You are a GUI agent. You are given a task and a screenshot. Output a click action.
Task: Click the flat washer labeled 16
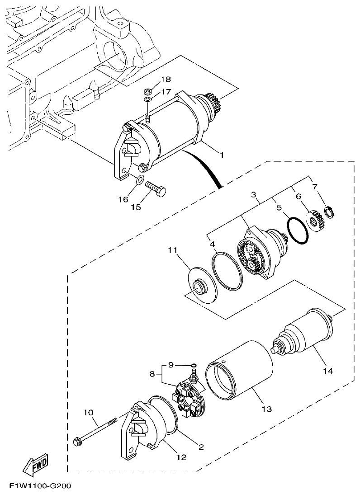[x=139, y=182]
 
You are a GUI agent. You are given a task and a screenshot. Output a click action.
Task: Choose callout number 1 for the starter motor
[x=222, y=155]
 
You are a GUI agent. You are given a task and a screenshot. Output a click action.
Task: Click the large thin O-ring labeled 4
[x=227, y=271]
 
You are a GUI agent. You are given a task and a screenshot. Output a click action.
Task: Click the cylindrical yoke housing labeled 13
[x=240, y=371]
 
